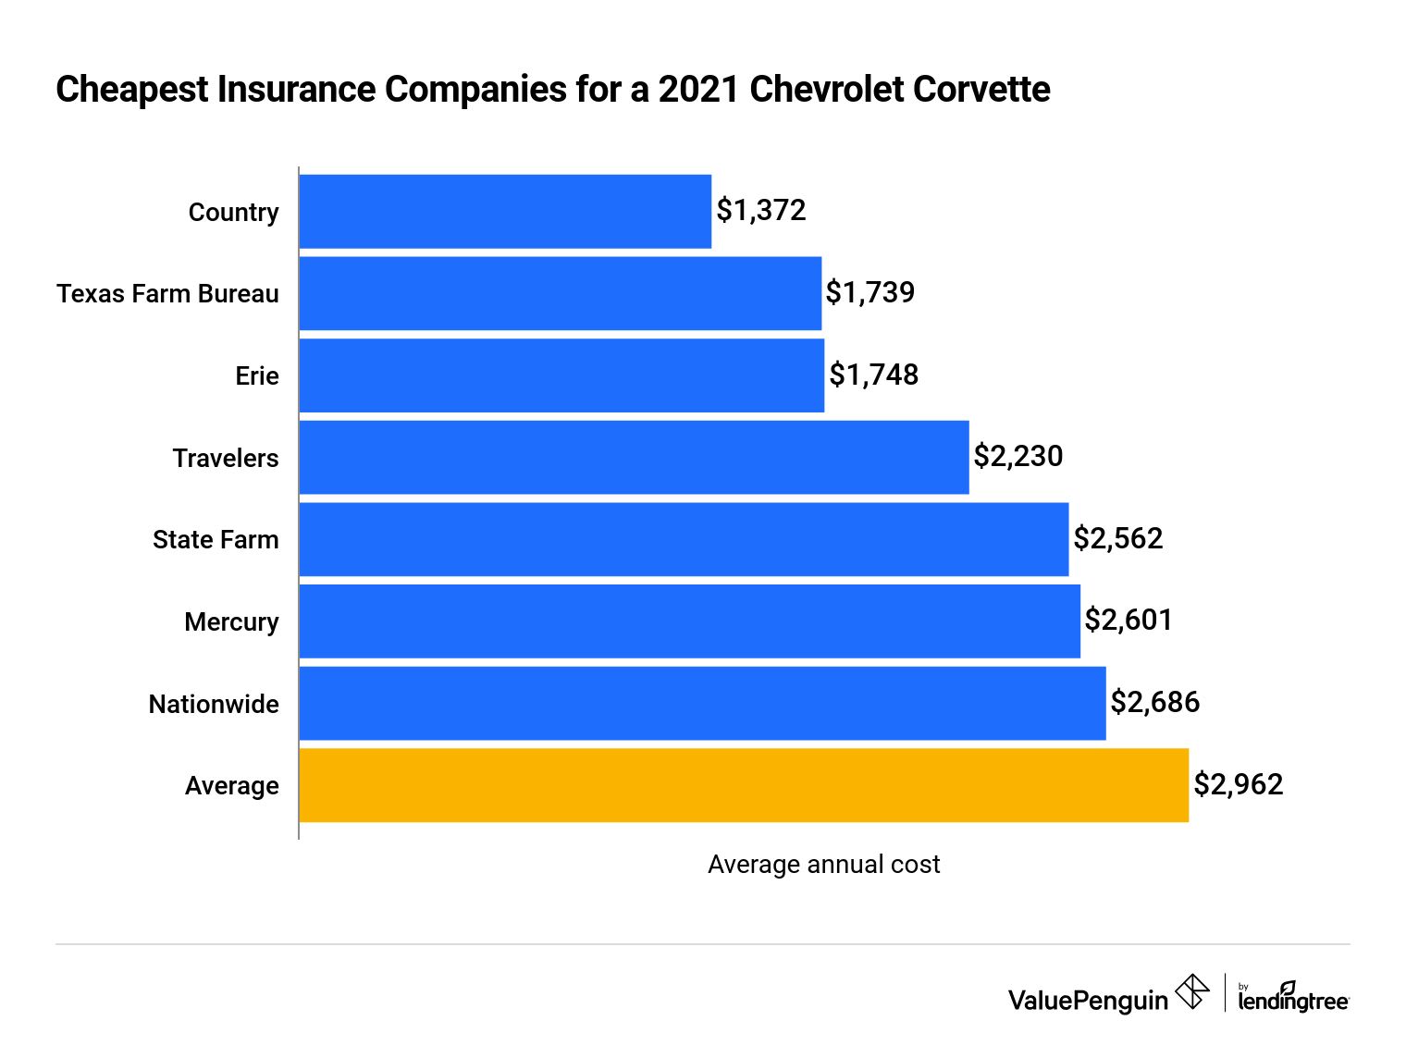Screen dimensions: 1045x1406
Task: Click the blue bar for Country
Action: pyautogui.click(x=505, y=212)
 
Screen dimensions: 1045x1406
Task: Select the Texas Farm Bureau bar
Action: pyautogui.click(x=560, y=293)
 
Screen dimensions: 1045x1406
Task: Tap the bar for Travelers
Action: pyautogui.click(x=634, y=458)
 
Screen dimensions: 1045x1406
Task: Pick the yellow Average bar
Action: pyautogui.click(x=744, y=785)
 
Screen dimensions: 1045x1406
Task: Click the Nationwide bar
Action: pyautogui.click(x=702, y=704)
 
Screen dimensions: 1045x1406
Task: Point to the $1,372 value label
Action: pyautogui.click(x=761, y=211)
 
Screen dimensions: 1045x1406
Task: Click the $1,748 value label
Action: pyautogui.click(x=873, y=375)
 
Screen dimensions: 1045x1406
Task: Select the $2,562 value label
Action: pyautogui.click(x=1117, y=538)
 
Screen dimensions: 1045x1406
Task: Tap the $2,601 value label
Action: pyautogui.click(x=1128, y=620)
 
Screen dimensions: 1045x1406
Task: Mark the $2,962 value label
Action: pyautogui.click(x=1238, y=784)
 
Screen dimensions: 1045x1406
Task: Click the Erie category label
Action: pyautogui.click(x=257, y=375)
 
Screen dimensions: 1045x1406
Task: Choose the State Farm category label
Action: pyautogui.click(x=216, y=539)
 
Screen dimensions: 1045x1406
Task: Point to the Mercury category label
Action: pyautogui.click(x=231, y=621)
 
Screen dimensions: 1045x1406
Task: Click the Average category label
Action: pyautogui.click(x=231, y=785)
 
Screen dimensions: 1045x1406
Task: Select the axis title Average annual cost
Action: pyautogui.click(x=823, y=864)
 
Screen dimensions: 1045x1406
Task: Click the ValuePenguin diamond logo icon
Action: pyautogui.click(x=1192, y=992)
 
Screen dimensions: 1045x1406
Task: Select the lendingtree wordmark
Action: pyautogui.click(x=1293, y=999)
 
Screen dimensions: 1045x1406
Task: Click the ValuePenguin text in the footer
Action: pyautogui.click(x=1088, y=1001)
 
